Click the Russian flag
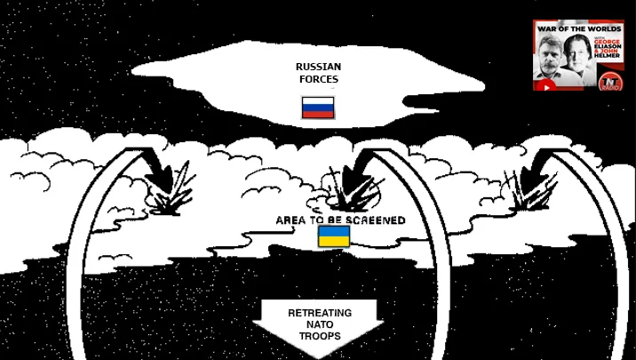(318, 108)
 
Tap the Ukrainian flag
(334, 236)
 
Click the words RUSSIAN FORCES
(317, 73)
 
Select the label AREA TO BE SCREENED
(340, 220)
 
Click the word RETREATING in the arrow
(319, 313)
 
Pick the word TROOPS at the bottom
(319, 338)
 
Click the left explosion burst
(174, 191)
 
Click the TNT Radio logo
(610, 80)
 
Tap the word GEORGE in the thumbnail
(608, 42)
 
